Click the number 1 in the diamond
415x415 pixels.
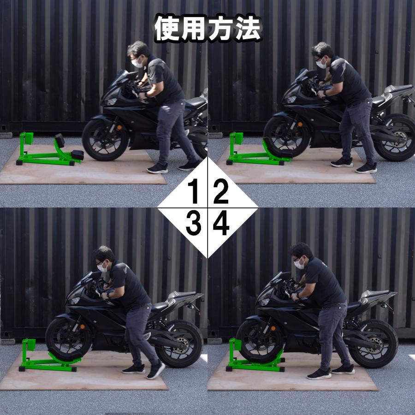click(194, 192)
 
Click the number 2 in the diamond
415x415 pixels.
click(221, 192)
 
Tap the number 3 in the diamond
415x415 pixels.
click(194, 224)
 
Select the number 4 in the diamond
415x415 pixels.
click(221, 224)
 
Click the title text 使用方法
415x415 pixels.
click(207, 29)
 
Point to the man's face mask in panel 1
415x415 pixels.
click(136, 63)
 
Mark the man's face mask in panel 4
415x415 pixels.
click(300, 264)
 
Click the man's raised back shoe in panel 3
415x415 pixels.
click(155, 369)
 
